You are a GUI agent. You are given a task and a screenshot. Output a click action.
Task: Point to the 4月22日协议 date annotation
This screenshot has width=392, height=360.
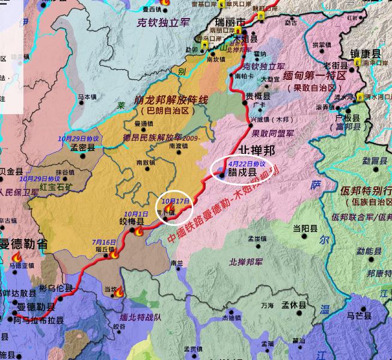click(x=247, y=163)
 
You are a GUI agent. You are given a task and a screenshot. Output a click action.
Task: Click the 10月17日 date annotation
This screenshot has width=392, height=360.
click(x=176, y=201)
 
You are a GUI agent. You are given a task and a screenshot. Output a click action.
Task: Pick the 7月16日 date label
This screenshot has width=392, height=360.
click(x=104, y=242)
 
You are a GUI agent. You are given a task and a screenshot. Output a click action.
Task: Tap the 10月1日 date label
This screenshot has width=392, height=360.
click(x=135, y=214)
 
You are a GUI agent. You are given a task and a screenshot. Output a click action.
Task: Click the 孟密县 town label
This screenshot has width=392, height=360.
click(x=82, y=147)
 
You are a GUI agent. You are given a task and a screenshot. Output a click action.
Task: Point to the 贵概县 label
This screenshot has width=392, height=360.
click(x=257, y=96)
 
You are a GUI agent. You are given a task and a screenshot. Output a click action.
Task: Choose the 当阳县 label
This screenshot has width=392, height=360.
click(x=305, y=228)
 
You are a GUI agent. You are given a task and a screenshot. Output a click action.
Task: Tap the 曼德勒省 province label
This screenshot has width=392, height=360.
click(x=23, y=243)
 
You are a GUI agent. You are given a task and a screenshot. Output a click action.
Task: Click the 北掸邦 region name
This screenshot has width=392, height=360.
click(x=257, y=150)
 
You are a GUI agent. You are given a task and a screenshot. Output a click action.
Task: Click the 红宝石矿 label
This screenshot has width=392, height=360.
click(x=55, y=187)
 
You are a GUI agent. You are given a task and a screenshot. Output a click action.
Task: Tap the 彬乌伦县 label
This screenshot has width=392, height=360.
click(x=56, y=288)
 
